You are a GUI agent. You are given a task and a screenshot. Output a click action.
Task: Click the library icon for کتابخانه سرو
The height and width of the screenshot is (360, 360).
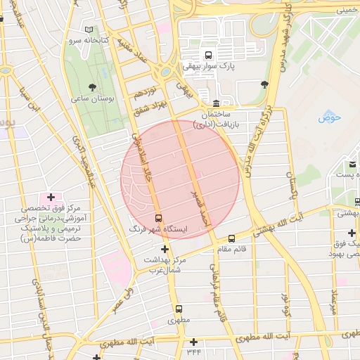[x=89, y=30]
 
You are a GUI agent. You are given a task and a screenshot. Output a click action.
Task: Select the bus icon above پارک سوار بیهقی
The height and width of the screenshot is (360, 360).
[x=207, y=55]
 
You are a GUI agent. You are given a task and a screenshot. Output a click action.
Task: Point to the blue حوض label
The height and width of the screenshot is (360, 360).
[x=328, y=117]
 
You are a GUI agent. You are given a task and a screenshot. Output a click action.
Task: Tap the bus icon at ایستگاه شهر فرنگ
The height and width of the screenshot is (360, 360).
[x=157, y=218]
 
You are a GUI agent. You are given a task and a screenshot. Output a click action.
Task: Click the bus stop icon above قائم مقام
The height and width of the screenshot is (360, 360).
[x=232, y=238]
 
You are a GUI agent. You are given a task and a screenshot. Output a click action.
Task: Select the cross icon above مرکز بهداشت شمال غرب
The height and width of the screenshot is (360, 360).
[x=165, y=249]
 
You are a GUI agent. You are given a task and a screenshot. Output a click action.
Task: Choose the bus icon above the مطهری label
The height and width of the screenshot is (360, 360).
[x=178, y=309]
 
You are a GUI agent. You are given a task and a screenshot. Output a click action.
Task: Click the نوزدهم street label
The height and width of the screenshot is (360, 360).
[x=143, y=93]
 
